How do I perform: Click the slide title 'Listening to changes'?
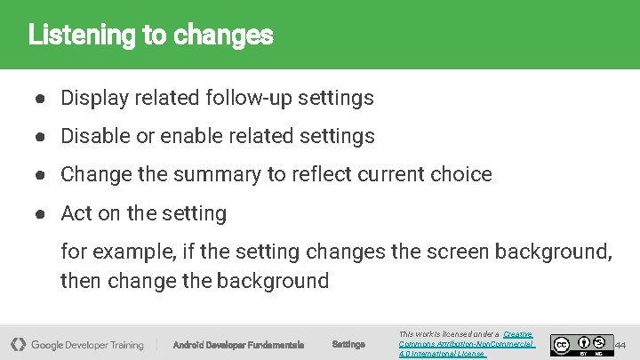click(150, 36)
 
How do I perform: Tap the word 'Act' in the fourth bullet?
click(76, 213)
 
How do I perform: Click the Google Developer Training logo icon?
click(18, 344)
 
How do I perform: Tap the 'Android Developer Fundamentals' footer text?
click(238, 345)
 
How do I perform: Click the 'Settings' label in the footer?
click(348, 344)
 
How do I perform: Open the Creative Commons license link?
click(467, 344)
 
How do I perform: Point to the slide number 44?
click(620, 344)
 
